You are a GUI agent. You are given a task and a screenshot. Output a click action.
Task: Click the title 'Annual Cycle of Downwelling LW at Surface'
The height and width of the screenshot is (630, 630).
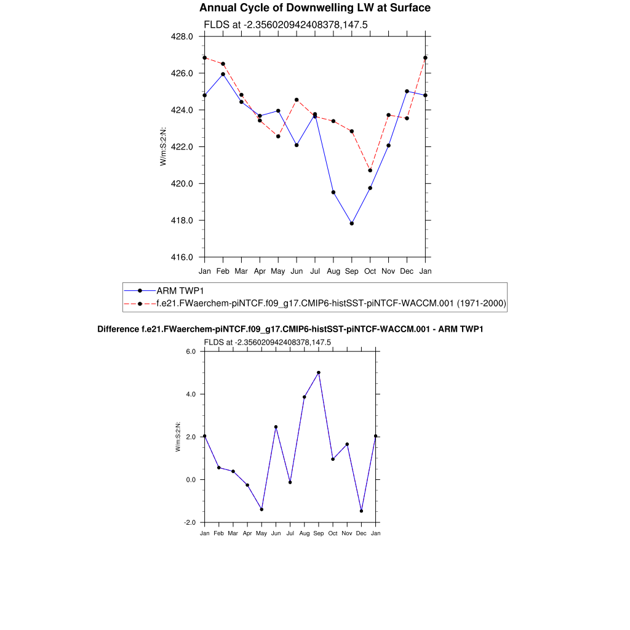315,8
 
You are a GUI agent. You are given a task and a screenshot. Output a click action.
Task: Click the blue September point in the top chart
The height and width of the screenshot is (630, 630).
352,223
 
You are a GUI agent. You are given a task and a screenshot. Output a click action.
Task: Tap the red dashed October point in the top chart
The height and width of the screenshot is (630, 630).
370,170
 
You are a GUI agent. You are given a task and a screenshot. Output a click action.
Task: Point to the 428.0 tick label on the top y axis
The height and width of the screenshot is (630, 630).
182,36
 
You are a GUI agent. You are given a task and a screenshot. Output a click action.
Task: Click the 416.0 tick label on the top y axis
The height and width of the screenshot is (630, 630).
182,257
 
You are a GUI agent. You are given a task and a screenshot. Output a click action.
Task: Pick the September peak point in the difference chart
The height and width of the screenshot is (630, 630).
319,372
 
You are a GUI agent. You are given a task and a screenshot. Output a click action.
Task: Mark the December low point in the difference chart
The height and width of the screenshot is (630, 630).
361,511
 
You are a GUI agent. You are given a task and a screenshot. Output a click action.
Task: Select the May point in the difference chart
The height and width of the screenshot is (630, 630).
261,509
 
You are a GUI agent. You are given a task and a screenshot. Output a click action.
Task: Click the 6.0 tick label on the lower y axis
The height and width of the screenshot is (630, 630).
190,351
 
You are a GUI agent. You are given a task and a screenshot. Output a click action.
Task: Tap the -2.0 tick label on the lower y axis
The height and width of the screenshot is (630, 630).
189,522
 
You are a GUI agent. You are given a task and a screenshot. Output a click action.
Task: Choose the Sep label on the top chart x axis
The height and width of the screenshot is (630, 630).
352,271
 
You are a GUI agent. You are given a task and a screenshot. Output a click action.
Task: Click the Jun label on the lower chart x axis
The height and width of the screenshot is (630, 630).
276,533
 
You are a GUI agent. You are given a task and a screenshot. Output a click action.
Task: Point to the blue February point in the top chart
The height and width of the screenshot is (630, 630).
223,74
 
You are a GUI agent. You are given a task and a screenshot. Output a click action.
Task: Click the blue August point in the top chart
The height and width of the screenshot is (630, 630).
333,193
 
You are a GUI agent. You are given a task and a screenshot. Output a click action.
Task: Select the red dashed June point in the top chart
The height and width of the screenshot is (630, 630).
297,100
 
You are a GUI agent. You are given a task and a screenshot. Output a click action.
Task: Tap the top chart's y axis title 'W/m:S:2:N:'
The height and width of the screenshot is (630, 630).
163,146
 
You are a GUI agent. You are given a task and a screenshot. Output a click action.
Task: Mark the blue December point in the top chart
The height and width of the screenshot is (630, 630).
407,91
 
